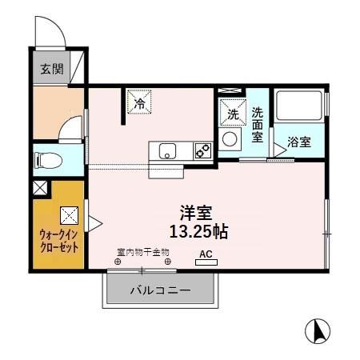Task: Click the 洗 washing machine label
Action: (233, 115)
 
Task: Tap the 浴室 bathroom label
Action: (300, 142)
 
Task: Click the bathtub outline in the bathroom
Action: (298, 108)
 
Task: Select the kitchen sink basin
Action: (168, 150)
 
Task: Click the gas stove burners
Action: (202, 150)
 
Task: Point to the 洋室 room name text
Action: (196, 213)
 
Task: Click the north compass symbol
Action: (318, 330)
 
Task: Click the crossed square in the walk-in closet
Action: (69, 214)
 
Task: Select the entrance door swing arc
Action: (50, 32)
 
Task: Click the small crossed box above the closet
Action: (40, 189)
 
